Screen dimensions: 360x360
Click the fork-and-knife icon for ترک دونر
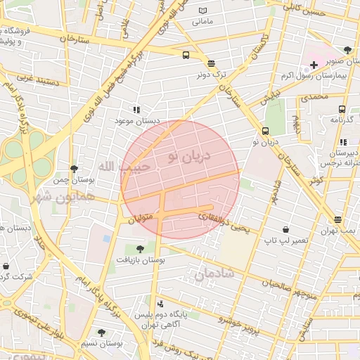click(x=212, y=63)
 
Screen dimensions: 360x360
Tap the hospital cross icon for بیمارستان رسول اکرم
click(x=314, y=65)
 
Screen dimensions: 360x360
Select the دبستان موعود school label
click(x=138, y=121)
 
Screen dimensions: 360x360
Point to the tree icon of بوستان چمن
click(x=75, y=169)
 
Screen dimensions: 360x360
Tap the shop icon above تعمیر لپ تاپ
click(x=285, y=230)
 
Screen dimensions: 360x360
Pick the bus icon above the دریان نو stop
click(x=265, y=131)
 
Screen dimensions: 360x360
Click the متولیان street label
click(x=141, y=220)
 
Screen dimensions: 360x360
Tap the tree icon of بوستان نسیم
click(x=101, y=333)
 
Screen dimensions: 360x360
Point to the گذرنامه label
click(x=342, y=120)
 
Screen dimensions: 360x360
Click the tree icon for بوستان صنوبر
click(x=347, y=50)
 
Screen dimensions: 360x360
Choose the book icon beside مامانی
click(x=204, y=11)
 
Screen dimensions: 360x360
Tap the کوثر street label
click(x=319, y=180)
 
